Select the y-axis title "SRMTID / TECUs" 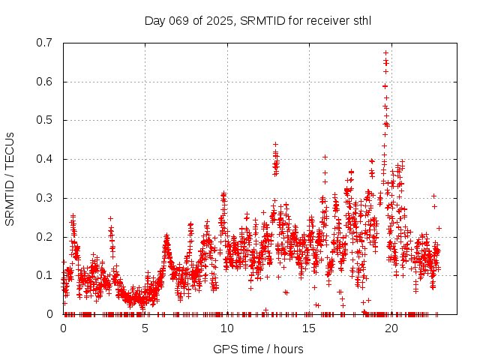coord(10,178)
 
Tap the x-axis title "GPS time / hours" coord(258,349)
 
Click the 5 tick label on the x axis coord(145,328)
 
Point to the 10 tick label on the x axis coord(227,328)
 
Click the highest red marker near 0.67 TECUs coord(385,53)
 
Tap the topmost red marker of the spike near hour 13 coord(275,144)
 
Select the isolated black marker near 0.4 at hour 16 coord(325,157)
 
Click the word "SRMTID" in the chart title coord(262,21)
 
